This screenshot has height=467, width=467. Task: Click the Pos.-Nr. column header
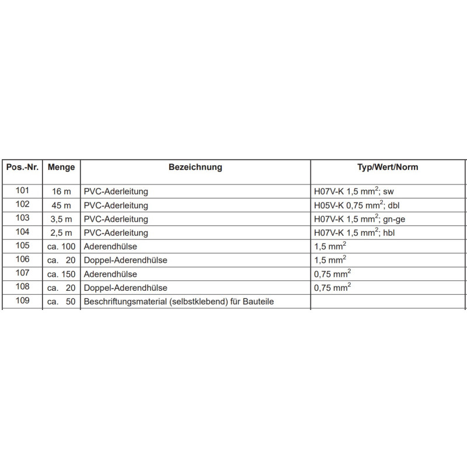[22, 167]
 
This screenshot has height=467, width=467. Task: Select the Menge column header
[61, 167]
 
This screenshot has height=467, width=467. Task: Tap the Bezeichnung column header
[195, 167]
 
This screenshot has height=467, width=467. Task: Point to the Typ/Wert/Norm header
[388, 167]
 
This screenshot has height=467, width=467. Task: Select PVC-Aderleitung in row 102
[116, 205]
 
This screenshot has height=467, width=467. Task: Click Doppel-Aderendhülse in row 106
[126, 260]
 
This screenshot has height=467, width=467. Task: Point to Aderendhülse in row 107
[111, 274]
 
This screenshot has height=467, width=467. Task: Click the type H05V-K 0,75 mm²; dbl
[356, 205]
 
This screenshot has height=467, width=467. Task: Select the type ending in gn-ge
[356, 219]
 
